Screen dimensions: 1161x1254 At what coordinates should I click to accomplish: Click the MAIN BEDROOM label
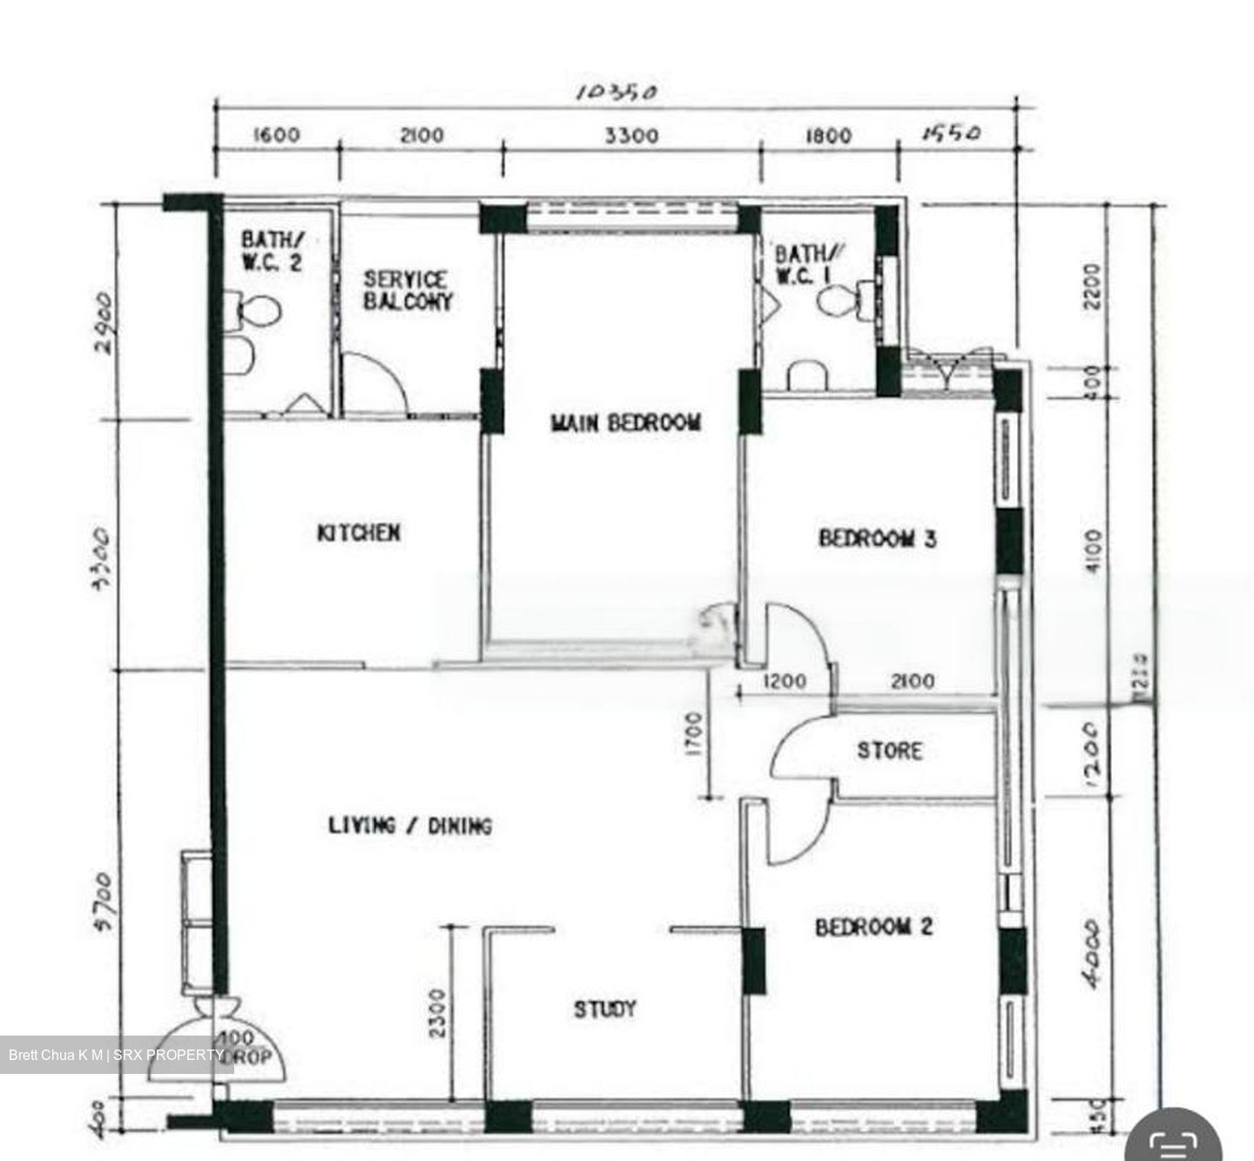coord(625,423)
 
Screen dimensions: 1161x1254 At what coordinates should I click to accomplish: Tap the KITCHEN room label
coord(358,532)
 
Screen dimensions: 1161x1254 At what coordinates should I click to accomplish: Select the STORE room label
coord(889,750)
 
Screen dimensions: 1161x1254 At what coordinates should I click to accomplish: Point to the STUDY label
coord(604,1009)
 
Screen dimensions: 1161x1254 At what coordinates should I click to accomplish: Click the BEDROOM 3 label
coord(877,537)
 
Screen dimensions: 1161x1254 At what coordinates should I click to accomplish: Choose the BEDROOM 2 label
coord(873,927)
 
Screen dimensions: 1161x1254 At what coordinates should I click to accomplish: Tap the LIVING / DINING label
coord(409,825)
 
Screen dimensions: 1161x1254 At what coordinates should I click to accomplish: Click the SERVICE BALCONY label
coord(408,291)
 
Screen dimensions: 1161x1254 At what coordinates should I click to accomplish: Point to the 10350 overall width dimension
coord(616,92)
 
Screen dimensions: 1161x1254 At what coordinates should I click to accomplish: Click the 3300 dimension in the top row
coord(631,136)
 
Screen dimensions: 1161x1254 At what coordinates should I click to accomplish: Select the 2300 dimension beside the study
coord(437,1012)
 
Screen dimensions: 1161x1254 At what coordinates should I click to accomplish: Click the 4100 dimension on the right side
coord(1094,551)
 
